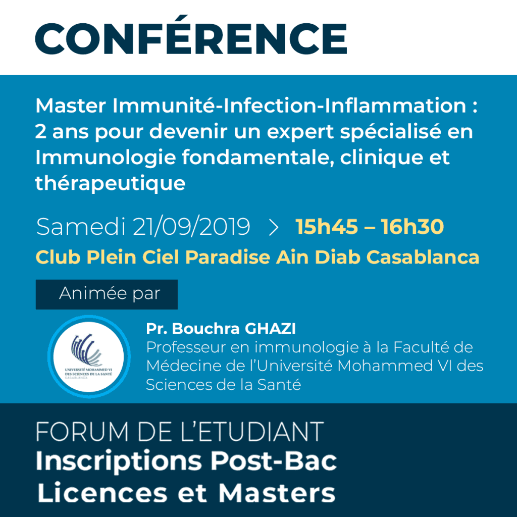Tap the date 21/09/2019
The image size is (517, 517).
[x=191, y=227]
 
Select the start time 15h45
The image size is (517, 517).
[x=327, y=227]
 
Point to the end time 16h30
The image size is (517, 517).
[x=412, y=227]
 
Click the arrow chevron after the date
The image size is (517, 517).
[x=273, y=228]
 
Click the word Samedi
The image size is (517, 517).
[x=81, y=227]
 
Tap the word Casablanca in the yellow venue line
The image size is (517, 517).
[x=423, y=257]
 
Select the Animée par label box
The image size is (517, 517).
[x=107, y=294]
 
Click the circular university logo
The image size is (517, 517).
[x=89, y=356]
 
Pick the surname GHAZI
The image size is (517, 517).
[x=271, y=328]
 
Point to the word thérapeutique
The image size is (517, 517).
[x=110, y=183]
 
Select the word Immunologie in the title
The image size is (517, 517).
[x=106, y=158]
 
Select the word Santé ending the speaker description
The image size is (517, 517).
[x=279, y=384]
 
